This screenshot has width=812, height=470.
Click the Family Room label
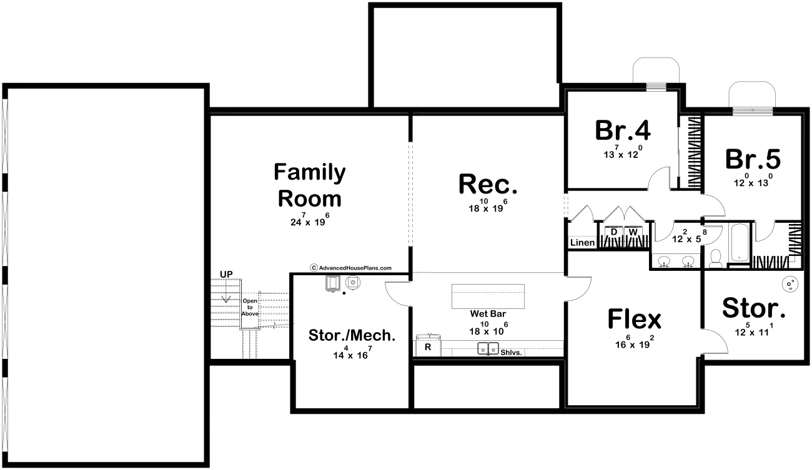tap(309, 185)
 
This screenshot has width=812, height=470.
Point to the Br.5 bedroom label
tap(753, 159)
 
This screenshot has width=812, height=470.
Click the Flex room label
tap(634, 319)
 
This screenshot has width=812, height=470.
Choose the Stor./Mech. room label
tap(352, 335)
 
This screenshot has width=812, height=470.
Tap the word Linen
tap(582, 243)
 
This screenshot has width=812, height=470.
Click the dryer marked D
tap(613, 233)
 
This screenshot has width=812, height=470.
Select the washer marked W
tap(633, 233)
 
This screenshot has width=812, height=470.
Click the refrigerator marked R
tap(428, 347)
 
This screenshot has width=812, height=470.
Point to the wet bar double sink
tap(488, 349)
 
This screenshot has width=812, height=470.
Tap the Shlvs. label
tap(512, 352)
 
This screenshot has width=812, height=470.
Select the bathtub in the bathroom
tap(739, 243)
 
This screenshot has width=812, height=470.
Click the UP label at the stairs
tap(225, 274)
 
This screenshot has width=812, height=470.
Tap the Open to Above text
tap(250, 306)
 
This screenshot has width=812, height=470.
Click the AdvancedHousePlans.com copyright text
tap(351, 268)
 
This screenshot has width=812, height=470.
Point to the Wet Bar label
tap(488, 314)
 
